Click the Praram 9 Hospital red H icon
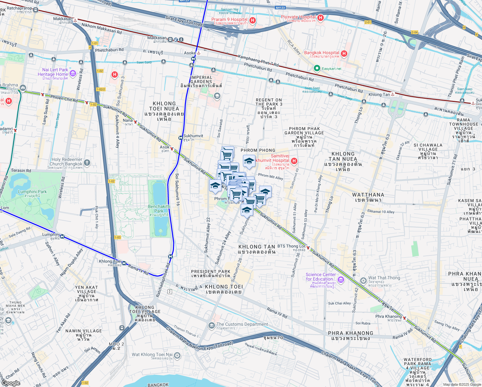tap(253, 20)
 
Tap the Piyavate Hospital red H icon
tap(320, 18)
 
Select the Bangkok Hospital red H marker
tap(344, 54)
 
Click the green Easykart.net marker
tap(317, 68)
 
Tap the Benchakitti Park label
tap(159, 209)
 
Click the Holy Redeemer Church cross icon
tap(87, 163)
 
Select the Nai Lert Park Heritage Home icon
tap(72, 74)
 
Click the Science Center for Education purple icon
tap(341, 280)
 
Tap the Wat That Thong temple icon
tap(363, 280)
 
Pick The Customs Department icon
tap(211, 325)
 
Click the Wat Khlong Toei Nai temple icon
tap(177, 355)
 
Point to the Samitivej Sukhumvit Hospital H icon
tap(294, 161)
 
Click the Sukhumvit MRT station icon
tap(181, 138)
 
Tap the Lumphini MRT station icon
tap(62, 236)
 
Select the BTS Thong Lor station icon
tap(308, 248)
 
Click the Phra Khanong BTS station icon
tap(404, 318)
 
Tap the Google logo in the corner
tap(11, 383)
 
